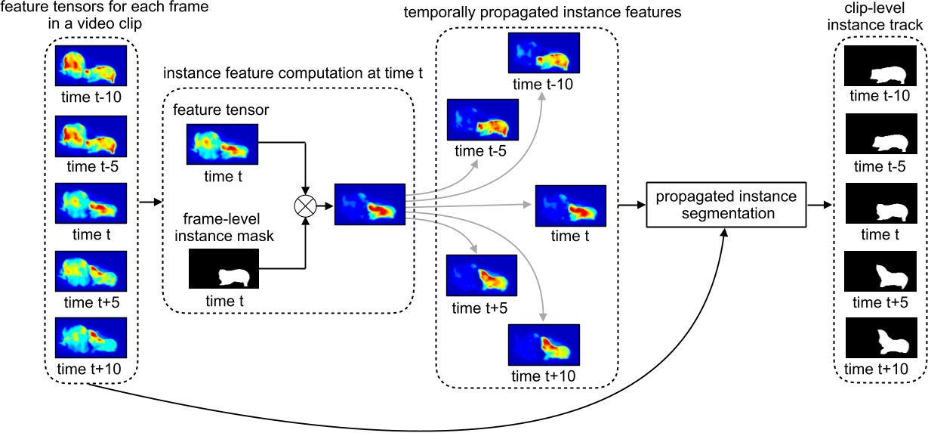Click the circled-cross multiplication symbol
pyautogui.click(x=306, y=205)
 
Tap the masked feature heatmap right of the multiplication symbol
pyautogui.click(x=370, y=205)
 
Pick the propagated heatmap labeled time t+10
pyautogui.click(x=543, y=346)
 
